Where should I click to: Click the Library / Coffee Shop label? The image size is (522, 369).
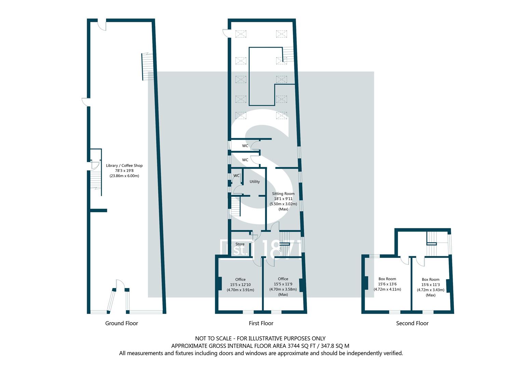coord(124,165)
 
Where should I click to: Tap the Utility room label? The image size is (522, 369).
coord(254,181)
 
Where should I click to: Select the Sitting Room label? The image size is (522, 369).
coord(283,194)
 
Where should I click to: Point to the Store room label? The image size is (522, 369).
coord(240,244)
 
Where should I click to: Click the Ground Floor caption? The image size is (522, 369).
coord(121,323)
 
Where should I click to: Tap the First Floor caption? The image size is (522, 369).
coord(261,323)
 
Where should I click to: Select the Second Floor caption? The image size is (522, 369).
coord(412,323)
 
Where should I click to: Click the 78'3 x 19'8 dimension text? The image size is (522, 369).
coord(124,170)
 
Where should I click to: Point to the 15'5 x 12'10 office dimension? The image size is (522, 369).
coord(240,284)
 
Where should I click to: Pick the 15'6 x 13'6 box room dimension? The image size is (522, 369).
coord(387,284)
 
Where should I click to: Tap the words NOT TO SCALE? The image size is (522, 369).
coord(213,338)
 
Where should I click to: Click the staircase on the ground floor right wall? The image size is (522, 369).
coord(148,67)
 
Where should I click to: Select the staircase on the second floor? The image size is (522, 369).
coord(432,243)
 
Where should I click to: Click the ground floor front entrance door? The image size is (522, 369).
coord(120,285)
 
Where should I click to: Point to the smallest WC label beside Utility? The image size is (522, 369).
coord(236,175)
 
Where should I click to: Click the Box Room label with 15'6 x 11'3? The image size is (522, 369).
coord(430,279)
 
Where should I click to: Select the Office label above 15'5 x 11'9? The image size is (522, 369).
coord(283,279)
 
